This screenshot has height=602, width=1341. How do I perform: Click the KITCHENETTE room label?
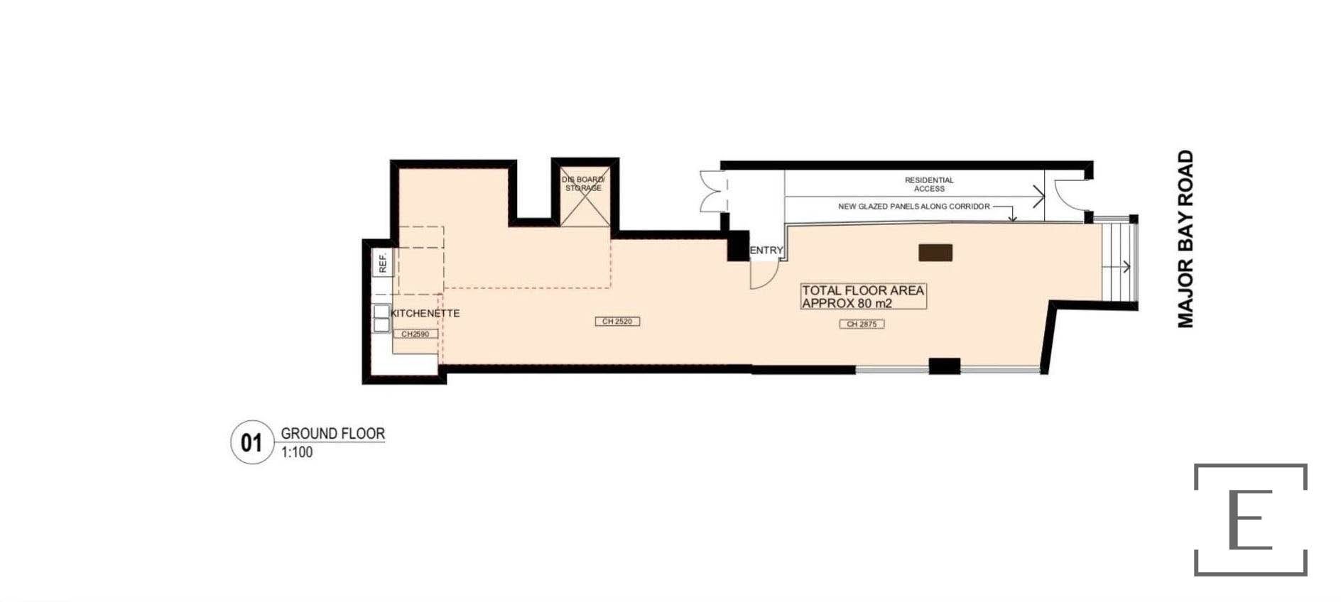425,313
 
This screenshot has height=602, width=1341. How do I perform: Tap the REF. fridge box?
383,263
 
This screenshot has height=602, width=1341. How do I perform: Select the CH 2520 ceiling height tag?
617,322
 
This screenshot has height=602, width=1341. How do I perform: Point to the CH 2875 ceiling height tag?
862,324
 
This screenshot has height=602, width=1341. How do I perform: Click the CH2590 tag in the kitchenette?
416,334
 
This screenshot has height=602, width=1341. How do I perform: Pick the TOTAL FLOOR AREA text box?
864,297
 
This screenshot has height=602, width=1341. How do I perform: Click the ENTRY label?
766,250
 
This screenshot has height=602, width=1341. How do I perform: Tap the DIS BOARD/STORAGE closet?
584,197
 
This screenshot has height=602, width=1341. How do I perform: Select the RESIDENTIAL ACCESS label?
929,185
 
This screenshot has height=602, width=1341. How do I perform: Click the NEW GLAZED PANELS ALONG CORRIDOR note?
914,207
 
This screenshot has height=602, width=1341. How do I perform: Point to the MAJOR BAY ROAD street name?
1185,239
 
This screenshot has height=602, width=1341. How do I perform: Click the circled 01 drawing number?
252,442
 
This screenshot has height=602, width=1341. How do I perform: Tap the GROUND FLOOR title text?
332,433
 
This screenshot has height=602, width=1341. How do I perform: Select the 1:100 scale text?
297,452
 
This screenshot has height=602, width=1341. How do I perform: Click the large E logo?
1251,520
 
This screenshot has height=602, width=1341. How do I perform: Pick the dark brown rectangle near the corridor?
935,253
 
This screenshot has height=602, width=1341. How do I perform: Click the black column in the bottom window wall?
945,366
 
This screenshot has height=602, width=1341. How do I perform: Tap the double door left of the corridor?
714,192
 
